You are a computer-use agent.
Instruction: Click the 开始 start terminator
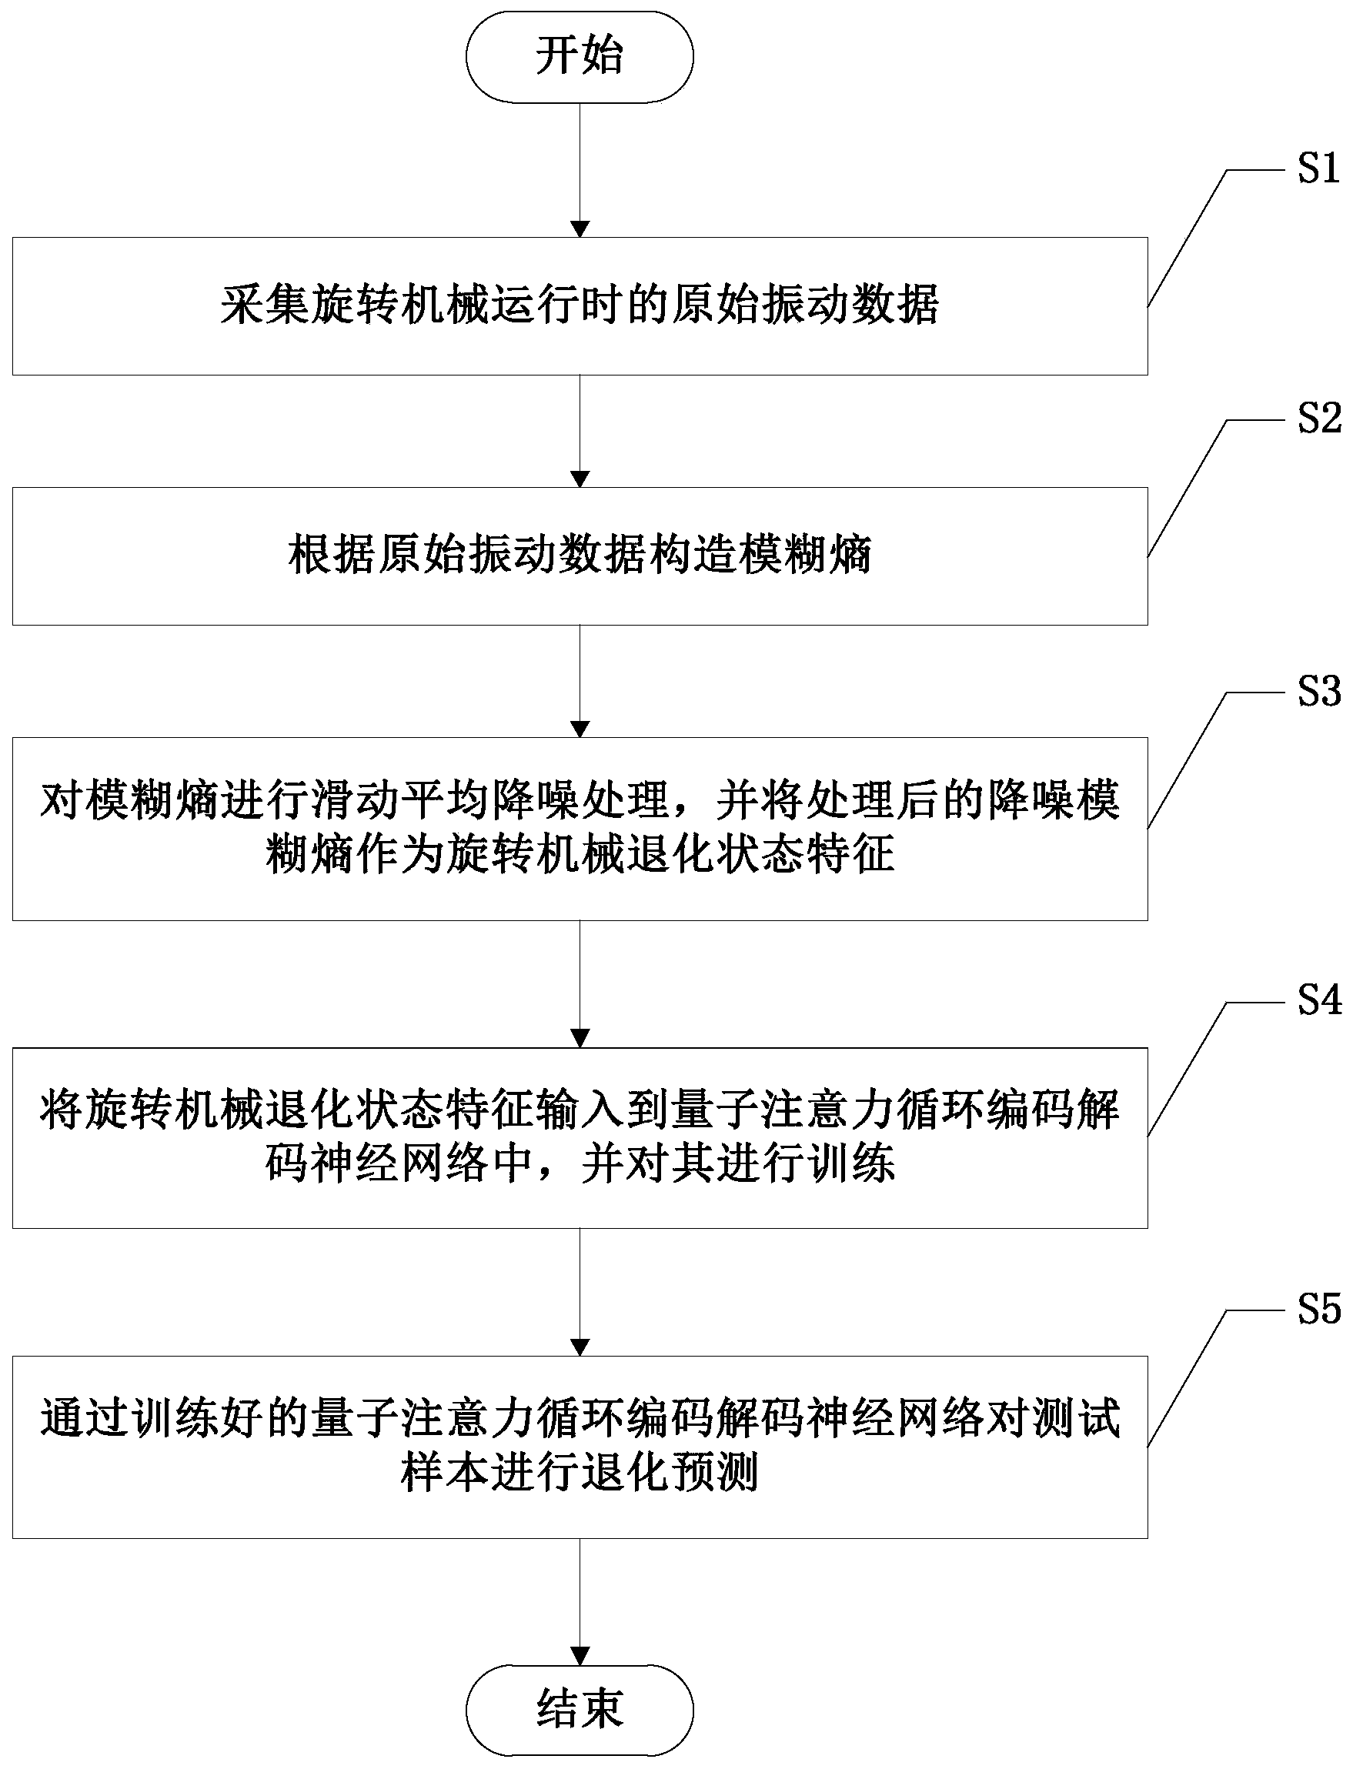[x=579, y=56]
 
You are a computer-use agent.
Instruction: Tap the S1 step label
[x=1318, y=169]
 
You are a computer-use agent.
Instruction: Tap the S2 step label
[x=1318, y=419]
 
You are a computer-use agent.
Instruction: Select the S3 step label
[x=1318, y=692]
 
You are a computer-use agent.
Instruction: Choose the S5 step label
[x=1318, y=1309]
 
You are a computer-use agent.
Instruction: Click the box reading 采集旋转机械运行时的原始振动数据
[x=579, y=306]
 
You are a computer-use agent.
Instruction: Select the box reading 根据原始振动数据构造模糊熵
[x=579, y=556]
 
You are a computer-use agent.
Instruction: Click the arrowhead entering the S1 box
[x=579, y=229]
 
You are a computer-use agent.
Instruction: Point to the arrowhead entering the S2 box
[x=579, y=479]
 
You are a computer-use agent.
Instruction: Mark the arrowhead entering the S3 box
[x=579, y=729]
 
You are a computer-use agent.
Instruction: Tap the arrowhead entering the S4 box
[x=579, y=1038]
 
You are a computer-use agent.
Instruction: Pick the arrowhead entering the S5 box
[x=579, y=1347]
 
